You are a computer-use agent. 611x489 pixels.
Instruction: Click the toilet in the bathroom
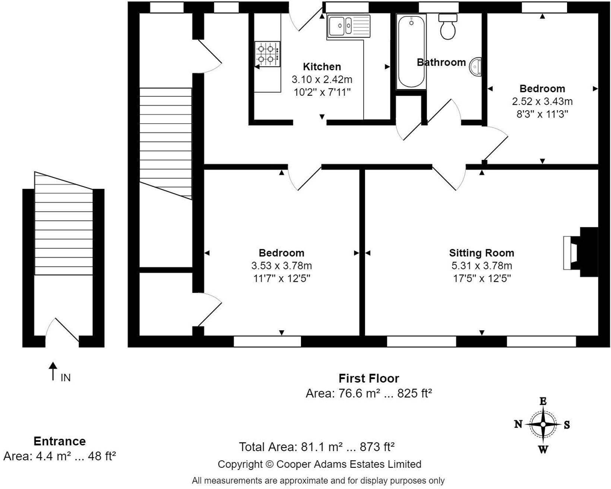coord(448,26)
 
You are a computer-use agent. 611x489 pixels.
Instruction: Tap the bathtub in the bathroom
coord(411,51)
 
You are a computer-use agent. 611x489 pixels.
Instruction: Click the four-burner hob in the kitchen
coord(267,54)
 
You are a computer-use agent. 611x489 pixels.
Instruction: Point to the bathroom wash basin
coord(475,67)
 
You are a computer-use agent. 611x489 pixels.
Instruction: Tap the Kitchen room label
coord(322,67)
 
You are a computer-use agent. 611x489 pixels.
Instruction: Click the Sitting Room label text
coord(481,253)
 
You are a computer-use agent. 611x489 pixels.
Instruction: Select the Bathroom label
coord(441,62)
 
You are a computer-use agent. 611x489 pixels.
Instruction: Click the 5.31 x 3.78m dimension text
coord(482,266)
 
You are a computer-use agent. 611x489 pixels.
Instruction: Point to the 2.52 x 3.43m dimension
coord(542,101)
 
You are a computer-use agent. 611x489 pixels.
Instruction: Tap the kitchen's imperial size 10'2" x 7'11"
coord(322,92)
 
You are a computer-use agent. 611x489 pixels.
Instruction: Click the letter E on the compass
coord(543,401)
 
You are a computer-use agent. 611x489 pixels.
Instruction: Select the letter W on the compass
coord(543,450)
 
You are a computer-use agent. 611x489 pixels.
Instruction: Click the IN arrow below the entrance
coord(53,371)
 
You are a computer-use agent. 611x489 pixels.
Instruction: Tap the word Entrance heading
coord(60,441)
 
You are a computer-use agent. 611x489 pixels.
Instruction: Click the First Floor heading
coord(369,378)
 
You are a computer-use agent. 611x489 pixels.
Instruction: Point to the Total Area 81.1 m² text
coord(317,447)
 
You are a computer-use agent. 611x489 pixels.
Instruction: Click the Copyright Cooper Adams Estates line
coord(319,464)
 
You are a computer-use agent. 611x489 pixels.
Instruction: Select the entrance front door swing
coord(63,329)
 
